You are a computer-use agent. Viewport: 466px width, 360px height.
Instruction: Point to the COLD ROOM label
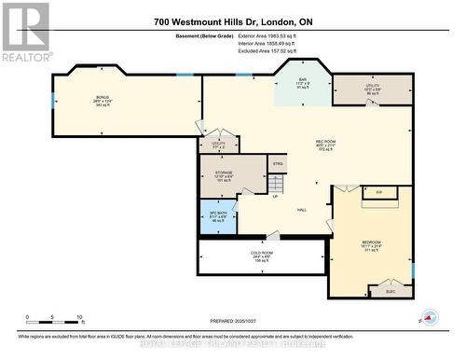pos(262,253)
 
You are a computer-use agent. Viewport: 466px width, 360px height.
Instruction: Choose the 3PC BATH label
pos(217,212)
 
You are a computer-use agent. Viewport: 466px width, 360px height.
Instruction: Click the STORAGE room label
pos(220,171)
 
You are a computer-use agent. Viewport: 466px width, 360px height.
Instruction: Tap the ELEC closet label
pos(391,291)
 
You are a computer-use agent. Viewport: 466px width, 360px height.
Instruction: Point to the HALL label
pos(302,210)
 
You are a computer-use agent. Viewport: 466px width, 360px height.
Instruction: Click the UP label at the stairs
pos(275,196)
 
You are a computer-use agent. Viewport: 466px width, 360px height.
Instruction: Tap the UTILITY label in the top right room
pos(372,86)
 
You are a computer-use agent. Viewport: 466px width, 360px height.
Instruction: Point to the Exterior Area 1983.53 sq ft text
pos(293,35)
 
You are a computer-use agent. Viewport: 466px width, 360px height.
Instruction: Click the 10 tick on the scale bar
pos(80,317)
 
